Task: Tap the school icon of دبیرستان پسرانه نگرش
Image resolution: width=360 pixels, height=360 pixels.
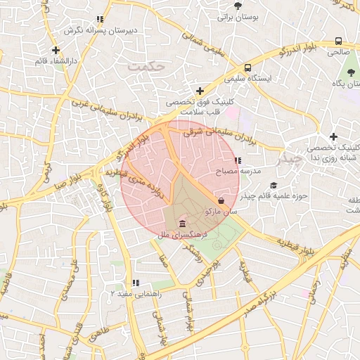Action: (101, 20)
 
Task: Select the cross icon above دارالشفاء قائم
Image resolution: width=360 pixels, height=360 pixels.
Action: (56, 50)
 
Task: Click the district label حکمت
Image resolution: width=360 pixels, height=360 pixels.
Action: (146, 66)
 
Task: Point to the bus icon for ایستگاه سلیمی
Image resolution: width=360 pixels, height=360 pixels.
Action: (248, 68)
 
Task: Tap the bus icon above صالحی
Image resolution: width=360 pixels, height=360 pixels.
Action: (338, 41)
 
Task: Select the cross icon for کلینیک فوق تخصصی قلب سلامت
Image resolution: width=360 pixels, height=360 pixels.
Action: (200, 91)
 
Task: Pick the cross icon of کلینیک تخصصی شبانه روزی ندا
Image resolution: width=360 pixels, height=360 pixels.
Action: (333, 136)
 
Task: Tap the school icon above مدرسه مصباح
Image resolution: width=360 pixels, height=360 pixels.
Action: (246, 161)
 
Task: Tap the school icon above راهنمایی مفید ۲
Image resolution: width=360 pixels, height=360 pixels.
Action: (136, 283)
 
